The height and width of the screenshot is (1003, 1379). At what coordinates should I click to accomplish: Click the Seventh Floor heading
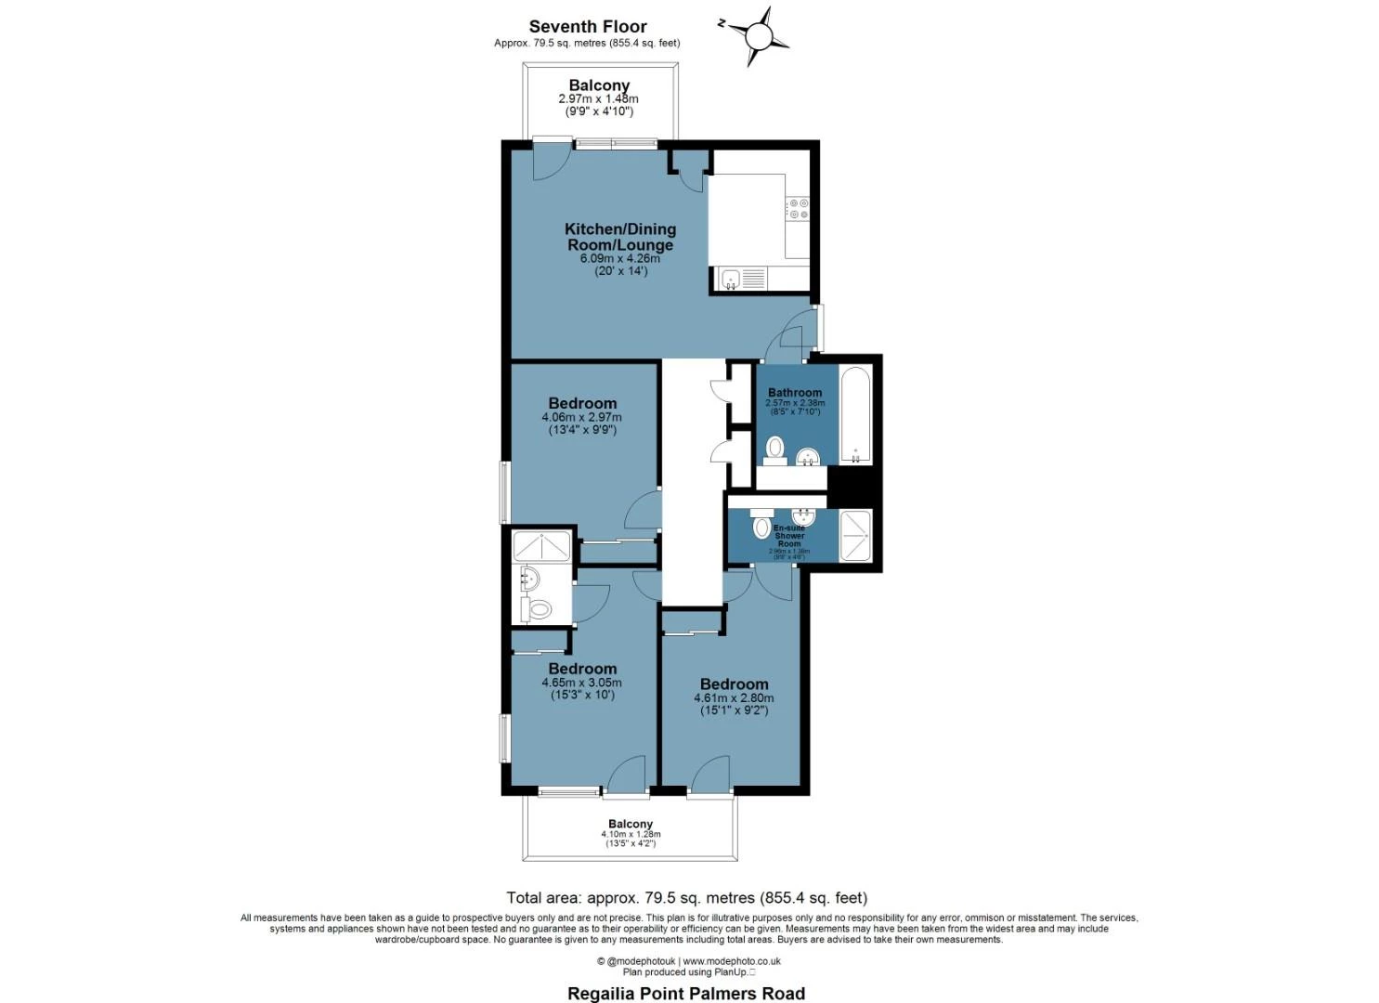click(588, 27)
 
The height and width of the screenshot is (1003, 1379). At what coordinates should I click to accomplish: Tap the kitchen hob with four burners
click(797, 208)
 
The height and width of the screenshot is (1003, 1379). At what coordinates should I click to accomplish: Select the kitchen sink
click(731, 278)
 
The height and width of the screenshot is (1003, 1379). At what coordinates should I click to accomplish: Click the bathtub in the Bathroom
click(855, 414)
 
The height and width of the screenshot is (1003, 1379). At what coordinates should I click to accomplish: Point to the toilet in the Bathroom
click(774, 449)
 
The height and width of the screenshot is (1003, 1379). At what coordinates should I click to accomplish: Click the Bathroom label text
click(794, 393)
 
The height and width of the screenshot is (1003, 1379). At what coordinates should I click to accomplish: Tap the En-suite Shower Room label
click(789, 536)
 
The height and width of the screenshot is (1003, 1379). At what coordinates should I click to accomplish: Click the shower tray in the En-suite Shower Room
click(855, 536)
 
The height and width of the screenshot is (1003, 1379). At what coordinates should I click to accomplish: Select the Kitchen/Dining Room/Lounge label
click(620, 237)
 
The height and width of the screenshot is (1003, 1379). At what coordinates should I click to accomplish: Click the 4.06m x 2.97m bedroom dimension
click(581, 418)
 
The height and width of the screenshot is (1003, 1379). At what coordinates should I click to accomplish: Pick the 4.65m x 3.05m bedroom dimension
click(581, 683)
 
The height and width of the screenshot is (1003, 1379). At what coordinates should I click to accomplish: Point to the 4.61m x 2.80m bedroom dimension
click(734, 698)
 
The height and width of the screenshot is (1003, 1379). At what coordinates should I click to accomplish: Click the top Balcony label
click(599, 85)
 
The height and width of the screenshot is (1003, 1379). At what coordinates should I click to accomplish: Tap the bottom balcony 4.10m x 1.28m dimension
click(631, 835)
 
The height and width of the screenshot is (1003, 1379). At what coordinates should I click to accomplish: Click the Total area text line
click(686, 897)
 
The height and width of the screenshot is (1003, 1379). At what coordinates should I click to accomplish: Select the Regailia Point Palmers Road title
click(686, 993)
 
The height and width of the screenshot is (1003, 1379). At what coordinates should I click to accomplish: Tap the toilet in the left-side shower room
click(537, 609)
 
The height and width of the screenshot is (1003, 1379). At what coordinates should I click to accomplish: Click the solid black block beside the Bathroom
click(850, 485)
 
